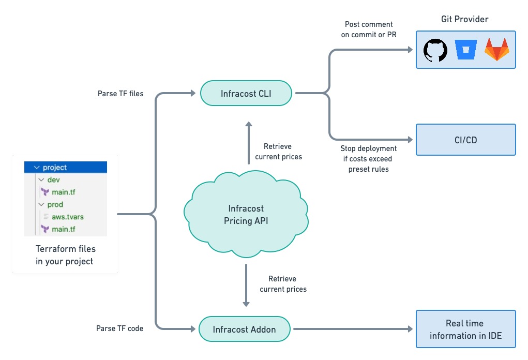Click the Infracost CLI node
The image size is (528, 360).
[x=246, y=94]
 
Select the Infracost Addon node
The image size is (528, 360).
[x=244, y=329]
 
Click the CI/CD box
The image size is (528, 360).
[x=466, y=139]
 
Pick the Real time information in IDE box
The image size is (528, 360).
[x=466, y=329]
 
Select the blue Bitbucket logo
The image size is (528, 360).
[x=465, y=50]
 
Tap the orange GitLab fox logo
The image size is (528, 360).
[x=496, y=50]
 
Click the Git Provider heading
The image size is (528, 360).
[x=465, y=19]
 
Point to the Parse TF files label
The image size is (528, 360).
[x=120, y=94]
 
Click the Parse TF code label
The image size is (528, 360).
[x=119, y=328]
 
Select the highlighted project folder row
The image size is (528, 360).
[x=65, y=168]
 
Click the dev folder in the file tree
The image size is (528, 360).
[x=54, y=180]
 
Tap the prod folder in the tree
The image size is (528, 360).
[x=55, y=205]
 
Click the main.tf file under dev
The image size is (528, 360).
[x=64, y=192]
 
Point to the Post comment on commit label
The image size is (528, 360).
[x=367, y=29]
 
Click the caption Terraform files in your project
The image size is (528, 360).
[x=65, y=255]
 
